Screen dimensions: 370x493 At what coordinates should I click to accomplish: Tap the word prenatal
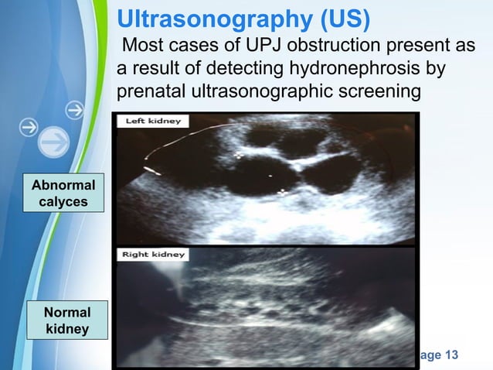(x=150, y=92)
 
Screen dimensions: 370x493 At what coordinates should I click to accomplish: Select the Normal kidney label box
(x=66, y=321)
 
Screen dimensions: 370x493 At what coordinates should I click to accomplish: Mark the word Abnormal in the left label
(x=63, y=186)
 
